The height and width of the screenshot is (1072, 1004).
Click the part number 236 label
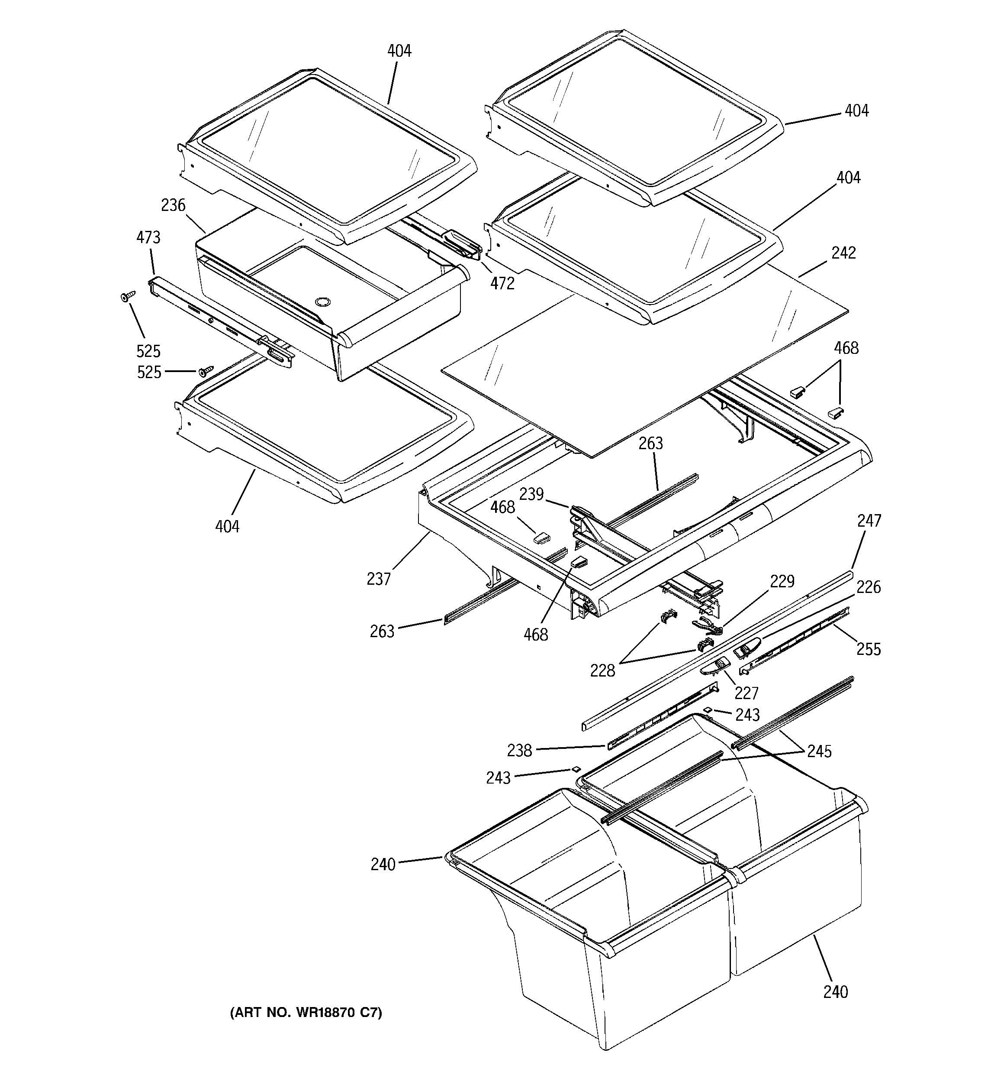[173, 205]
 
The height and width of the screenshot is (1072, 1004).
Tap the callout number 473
[148, 237]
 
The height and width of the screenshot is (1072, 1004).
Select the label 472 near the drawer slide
[502, 284]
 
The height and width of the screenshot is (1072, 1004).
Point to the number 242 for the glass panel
[843, 253]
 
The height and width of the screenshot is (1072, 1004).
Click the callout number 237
[378, 579]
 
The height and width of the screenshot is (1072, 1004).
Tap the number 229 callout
[782, 581]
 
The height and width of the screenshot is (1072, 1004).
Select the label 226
[868, 587]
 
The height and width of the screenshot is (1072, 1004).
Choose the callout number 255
[869, 649]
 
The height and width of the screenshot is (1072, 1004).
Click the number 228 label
[602, 671]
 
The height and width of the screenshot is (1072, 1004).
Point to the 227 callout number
[747, 693]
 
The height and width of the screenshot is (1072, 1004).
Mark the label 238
[519, 751]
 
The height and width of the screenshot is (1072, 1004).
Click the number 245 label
[819, 751]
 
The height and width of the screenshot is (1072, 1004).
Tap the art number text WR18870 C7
[306, 1013]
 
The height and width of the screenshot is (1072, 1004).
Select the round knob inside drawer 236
[322, 302]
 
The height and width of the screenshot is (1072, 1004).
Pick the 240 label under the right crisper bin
[835, 991]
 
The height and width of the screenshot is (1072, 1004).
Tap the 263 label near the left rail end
[382, 632]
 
